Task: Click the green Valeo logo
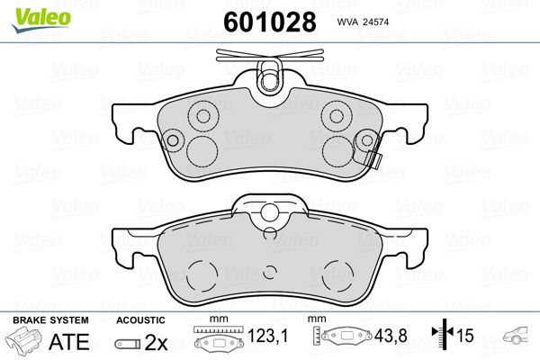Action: coord(41,20)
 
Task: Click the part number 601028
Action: coord(270,22)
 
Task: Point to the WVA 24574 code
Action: coord(363,22)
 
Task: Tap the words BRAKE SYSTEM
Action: coord(50,320)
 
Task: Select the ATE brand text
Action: coord(69,341)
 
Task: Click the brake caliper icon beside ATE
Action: coord(23,340)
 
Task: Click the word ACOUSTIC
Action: coord(140,320)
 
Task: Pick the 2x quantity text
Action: coord(156,342)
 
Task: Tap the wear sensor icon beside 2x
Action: coord(128,344)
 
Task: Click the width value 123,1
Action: coord(267,335)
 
